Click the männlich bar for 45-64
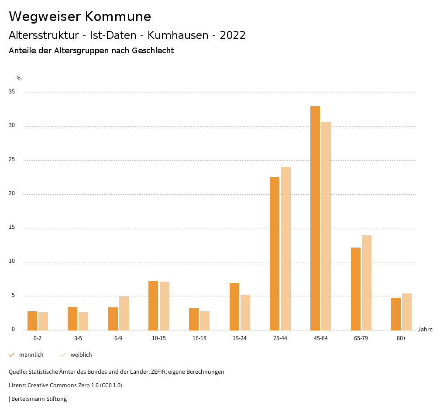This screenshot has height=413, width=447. [x=315, y=218]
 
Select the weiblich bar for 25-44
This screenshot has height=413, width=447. [x=286, y=248]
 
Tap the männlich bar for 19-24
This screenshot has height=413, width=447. [x=234, y=306]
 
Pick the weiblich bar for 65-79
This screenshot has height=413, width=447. [x=367, y=282]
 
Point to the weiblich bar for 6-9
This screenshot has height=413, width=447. [x=124, y=313]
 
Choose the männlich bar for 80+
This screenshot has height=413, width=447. [x=396, y=314]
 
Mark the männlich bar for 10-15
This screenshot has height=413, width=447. [x=153, y=306]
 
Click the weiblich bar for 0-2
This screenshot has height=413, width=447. [x=43, y=321]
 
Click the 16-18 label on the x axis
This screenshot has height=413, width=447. [x=199, y=338]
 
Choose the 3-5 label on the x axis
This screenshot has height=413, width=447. [x=78, y=338]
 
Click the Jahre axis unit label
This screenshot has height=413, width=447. [x=425, y=330]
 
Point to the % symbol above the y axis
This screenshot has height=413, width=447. [x=19, y=79]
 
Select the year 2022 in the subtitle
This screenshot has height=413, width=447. [x=233, y=35]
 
